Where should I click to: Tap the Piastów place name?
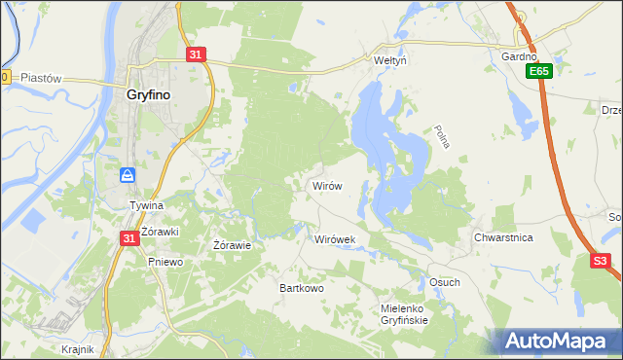[x=41, y=78]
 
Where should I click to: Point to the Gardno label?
[x=519, y=56]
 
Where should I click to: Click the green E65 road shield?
[x=541, y=72]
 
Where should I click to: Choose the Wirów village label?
[x=326, y=185]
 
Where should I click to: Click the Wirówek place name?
[x=334, y=238]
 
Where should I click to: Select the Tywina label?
[x=146, y=206]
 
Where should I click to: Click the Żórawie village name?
[x=233, y=245]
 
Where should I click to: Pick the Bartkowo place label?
[x=301, y=288]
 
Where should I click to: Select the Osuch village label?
[x=444, y=282]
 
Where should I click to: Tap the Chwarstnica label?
[x=502, y=237]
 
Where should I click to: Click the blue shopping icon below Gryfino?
[x=128, y=175]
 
